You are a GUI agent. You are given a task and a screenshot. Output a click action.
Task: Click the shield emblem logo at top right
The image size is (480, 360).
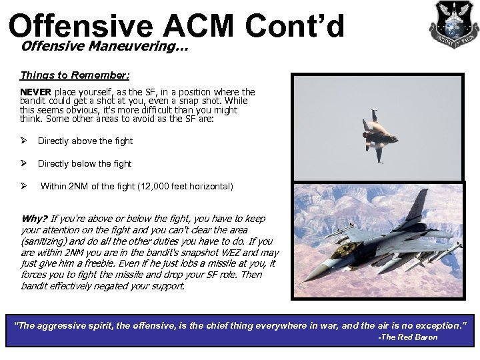pos(453,23)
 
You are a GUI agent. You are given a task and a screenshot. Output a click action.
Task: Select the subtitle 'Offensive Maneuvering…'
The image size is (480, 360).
pos(104,47)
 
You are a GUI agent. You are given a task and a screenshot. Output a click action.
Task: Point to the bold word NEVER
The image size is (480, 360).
pos(36,91)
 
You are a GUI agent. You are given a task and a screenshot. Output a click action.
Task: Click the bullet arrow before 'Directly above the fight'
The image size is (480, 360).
pos(24,141)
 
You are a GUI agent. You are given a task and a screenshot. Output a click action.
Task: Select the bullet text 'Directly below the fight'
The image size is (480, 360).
pos(85,163)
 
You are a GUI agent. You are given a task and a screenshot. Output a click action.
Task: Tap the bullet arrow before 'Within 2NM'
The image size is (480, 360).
pos(24,186)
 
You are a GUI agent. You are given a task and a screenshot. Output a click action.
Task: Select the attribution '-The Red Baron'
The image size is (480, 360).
pos(407,337)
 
